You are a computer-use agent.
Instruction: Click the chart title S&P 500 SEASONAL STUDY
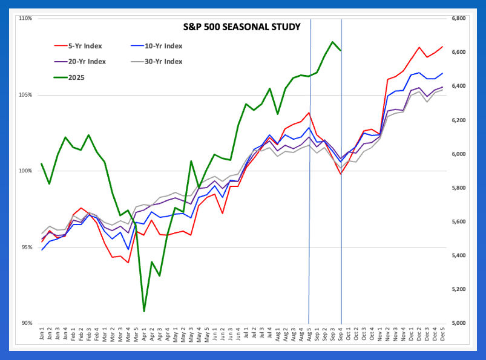[x=242, y=27]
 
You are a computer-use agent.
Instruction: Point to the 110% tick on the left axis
[x=25, y=19]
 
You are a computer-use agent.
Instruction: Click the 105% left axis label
[x=25, y=95]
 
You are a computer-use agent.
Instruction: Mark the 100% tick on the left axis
[x=25, y=171]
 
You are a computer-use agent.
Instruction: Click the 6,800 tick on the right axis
[x=458, y=19]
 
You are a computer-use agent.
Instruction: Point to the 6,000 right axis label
[x=458, y=154]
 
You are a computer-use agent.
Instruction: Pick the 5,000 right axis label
[x=458, y=323]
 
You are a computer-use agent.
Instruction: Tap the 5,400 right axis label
[x=458, y=255]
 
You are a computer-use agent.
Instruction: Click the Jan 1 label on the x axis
[x=42, y=334]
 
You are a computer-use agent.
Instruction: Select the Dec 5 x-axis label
[x=442, y=334]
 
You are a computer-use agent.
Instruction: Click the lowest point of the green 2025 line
[x=144, y=311]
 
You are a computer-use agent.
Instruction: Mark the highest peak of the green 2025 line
[x=332, y=42]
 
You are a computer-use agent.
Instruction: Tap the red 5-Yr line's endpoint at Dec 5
[x=442, y=47]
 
